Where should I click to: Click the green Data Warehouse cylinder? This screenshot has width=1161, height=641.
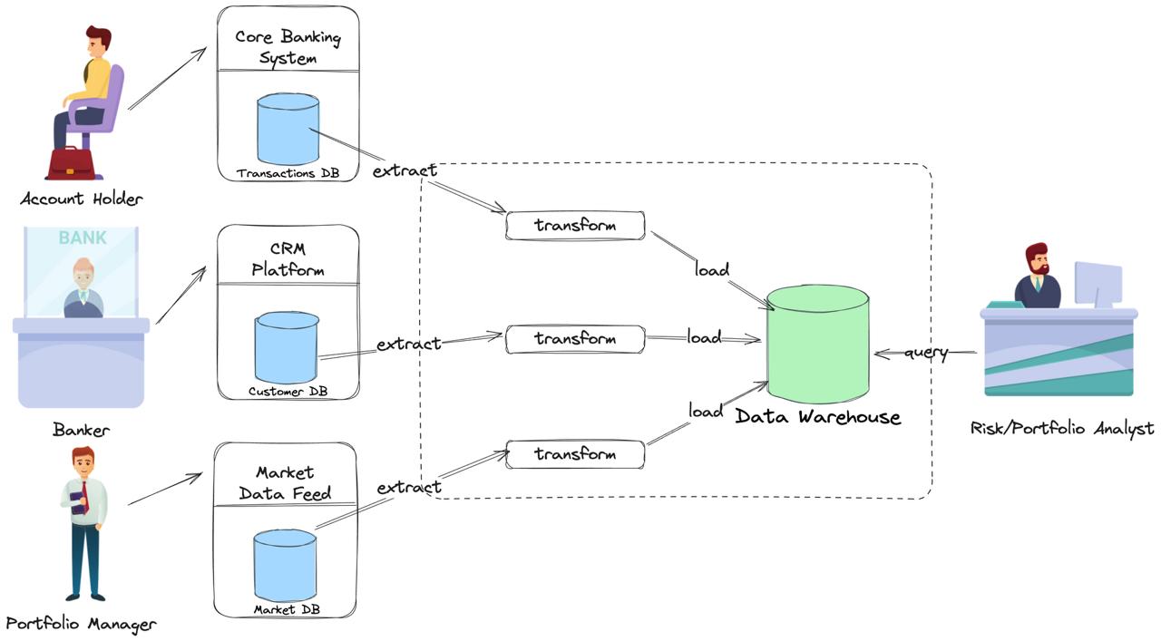coord(818,345)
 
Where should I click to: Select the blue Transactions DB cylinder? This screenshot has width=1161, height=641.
coord(288,129)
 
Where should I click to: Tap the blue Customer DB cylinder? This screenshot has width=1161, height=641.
coord(287,347)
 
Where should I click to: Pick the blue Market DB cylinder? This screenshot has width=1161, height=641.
coord(285,566)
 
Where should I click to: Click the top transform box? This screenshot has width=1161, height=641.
coord(575,226)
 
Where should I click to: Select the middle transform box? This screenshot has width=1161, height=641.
coord(575,339)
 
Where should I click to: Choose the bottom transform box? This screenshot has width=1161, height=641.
coord(575,454)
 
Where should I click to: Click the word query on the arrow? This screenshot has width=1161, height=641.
coord(926,354)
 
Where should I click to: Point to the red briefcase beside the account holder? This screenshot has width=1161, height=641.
coord(71,163)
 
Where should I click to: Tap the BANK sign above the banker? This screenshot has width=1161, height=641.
coord(83,238)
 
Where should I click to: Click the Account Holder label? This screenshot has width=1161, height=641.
coord(82,199)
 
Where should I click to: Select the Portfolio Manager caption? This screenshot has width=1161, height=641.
coord(81,625)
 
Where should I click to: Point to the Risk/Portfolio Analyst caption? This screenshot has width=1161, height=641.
coord(1062,429)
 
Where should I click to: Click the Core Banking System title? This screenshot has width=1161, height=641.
coord(288,47)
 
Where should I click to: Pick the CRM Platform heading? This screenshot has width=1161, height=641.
coord(288,259)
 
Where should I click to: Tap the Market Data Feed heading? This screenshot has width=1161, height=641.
coord(285,483)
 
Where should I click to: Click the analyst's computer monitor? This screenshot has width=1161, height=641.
coord(1098,284)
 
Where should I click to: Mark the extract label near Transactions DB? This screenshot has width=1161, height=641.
coord(405,170)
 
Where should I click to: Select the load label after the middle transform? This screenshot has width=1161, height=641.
coord(705,337)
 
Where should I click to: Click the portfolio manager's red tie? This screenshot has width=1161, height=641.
coord(85,495)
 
